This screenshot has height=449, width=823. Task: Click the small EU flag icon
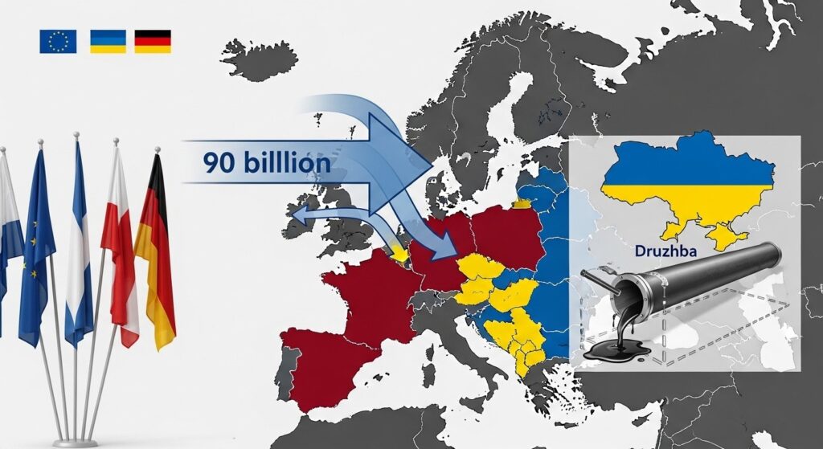tap(58, 41)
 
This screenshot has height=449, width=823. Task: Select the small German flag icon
tap(152, 41)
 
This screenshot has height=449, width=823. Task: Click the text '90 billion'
tap(266, 163)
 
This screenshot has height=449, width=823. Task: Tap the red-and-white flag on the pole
tap(120, 241)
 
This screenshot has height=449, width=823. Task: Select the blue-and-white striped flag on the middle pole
tap(78, 241)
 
